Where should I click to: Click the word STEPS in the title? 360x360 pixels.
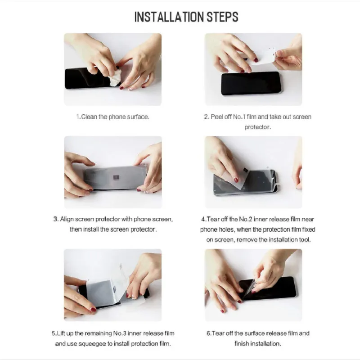pos(222,17)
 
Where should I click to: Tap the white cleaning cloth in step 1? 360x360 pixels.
pos(116,78)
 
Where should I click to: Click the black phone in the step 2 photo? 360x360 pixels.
pos(251,83)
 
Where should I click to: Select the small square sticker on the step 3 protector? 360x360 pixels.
pos(116,177)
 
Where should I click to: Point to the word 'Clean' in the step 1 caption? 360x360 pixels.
pos(89,117)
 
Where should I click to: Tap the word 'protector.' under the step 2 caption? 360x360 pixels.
pos(257,127)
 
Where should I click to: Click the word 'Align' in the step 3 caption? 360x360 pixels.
pos(67,219)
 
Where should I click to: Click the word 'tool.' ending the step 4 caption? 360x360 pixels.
pos(305,239)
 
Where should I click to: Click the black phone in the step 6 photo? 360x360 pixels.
pos(268,288)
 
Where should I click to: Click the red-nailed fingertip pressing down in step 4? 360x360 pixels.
pos(236,180)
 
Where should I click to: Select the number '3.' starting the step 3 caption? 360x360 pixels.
pos(56,219)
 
